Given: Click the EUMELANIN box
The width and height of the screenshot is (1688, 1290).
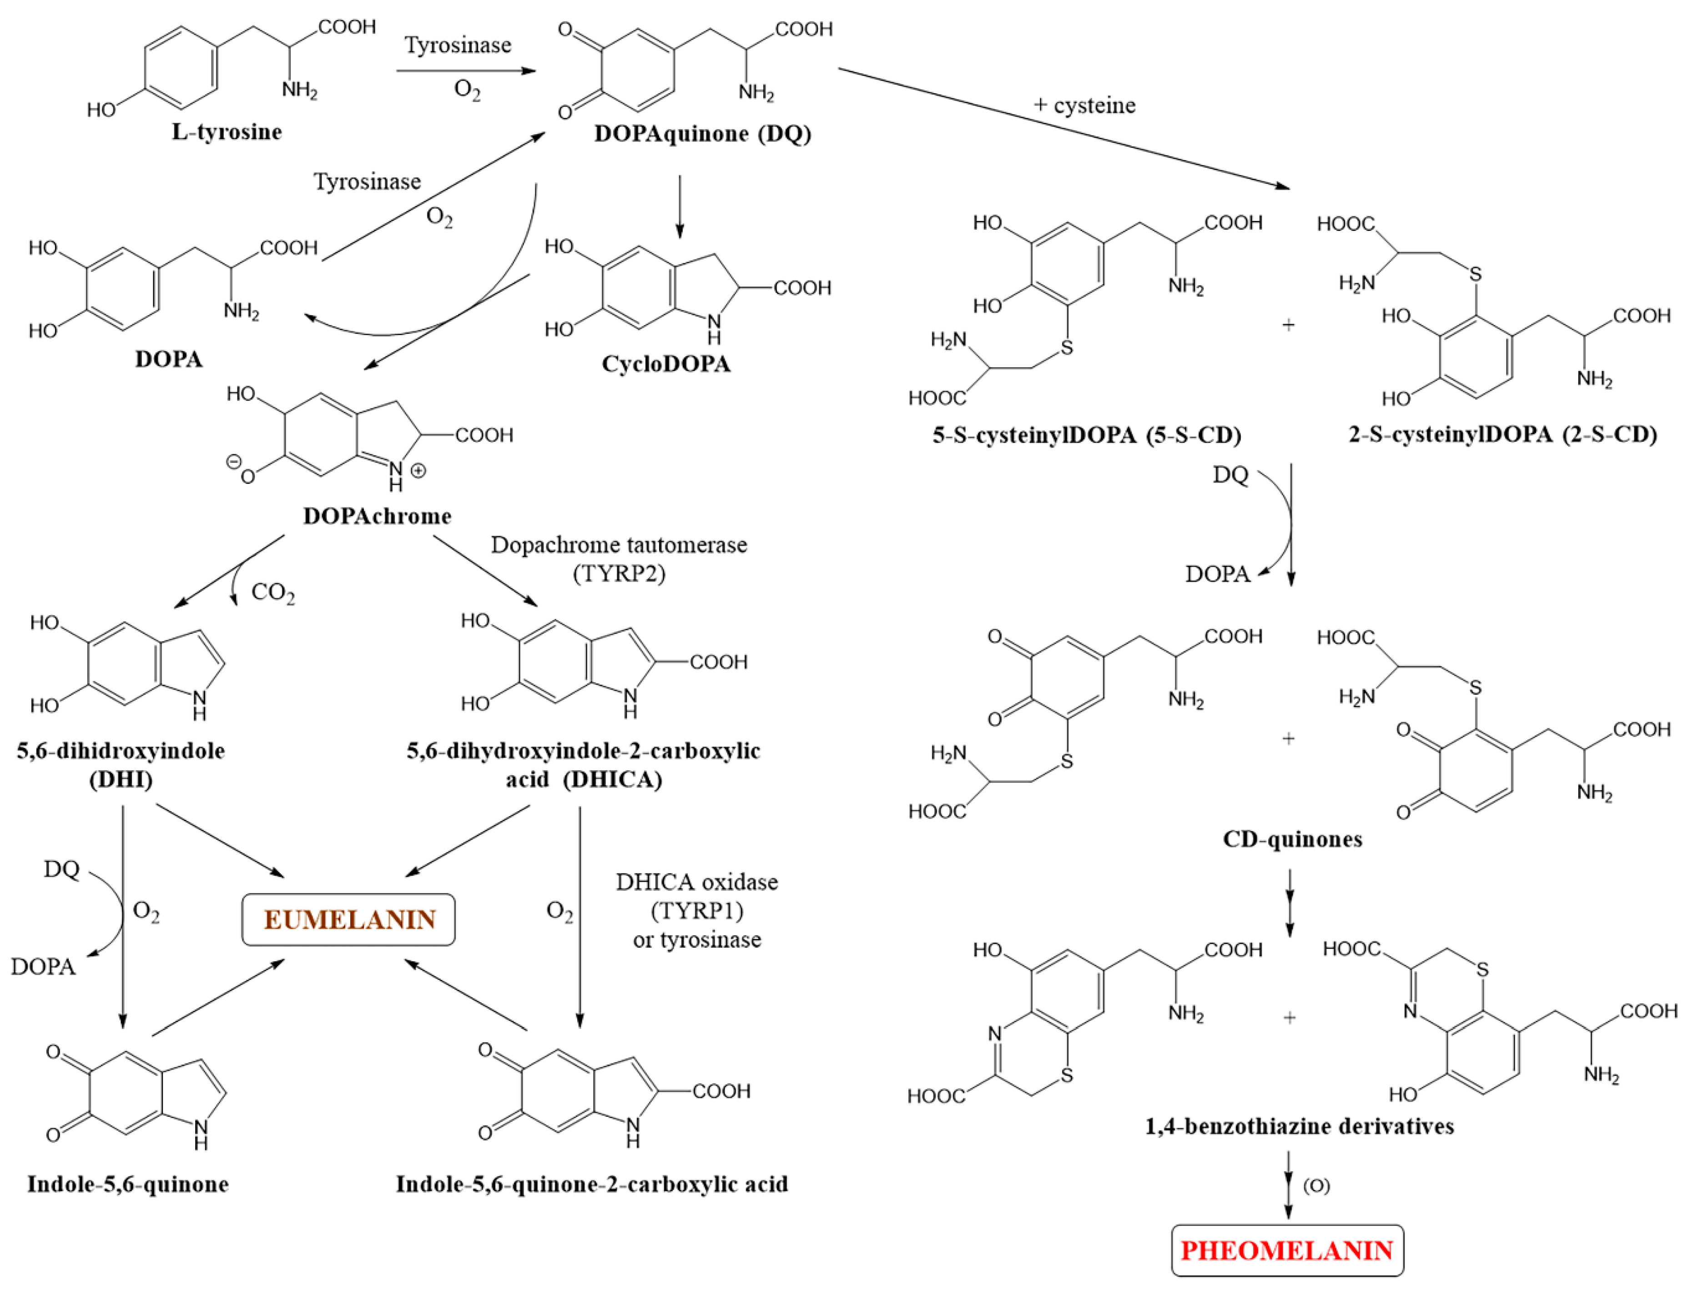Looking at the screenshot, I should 349,919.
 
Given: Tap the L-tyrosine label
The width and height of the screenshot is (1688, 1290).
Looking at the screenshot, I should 227,131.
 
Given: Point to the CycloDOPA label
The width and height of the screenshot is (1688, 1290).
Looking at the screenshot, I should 666,363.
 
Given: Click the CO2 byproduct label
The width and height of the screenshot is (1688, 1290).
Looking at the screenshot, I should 272,592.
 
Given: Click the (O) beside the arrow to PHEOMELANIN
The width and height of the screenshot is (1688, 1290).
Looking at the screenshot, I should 1316,1185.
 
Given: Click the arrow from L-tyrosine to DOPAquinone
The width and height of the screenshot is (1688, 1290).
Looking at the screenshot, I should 465,70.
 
